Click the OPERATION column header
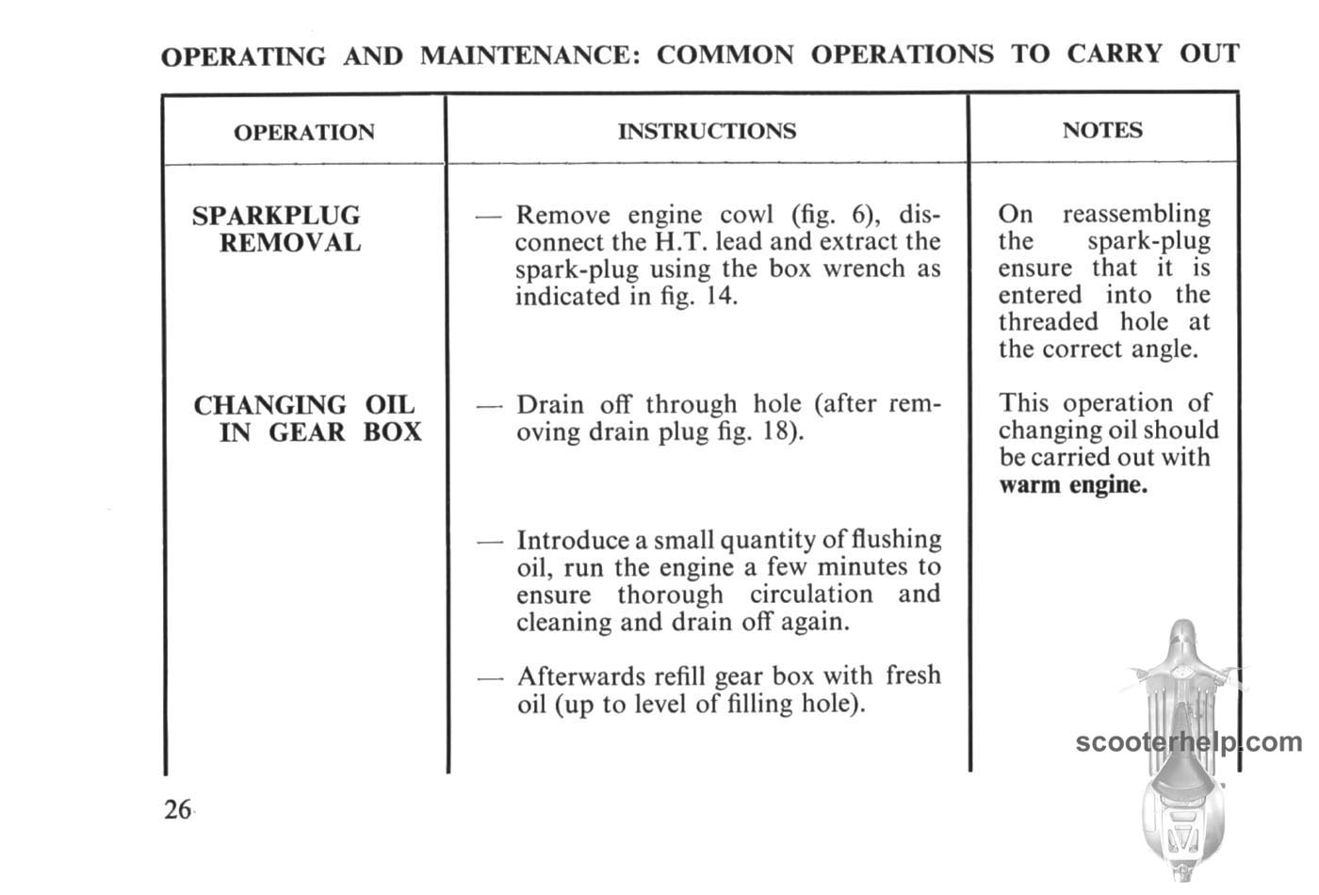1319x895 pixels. (x=303, y=132)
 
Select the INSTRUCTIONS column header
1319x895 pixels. (x=707, y=131)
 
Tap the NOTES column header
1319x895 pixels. (x=1102, y=130)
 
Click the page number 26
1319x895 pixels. (x=177, y=810)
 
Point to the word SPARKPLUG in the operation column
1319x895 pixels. (x=276, y=216)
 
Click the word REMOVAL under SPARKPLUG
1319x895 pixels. (x=290, y=243)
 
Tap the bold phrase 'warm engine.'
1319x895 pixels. (x=1073, y=486)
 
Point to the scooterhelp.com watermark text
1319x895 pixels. (x=1188, y=742)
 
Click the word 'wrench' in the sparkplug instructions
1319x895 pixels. (x=864, y=269)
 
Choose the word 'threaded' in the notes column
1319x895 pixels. (x=1049, y=322)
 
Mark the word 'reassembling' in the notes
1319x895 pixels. (x=1136, y=215)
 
